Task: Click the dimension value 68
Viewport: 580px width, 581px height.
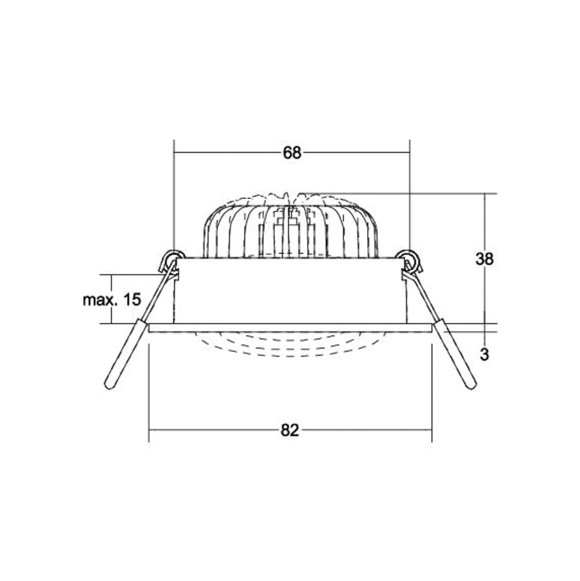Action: point(292,153)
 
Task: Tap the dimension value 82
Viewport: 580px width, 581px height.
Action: point(290,430)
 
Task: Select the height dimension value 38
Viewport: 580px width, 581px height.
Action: point(484,259)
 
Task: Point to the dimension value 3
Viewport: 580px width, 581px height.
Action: point(484,354)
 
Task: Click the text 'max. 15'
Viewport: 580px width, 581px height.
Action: point(112,299)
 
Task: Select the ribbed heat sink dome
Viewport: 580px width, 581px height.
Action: point(291,226)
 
